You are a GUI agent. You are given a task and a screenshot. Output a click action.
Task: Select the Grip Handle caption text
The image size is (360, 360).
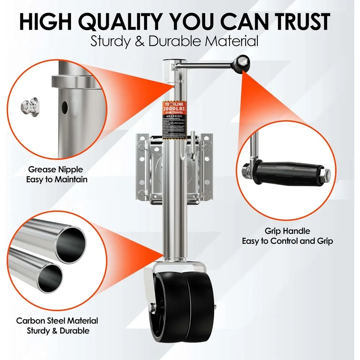click(x=287, y=236)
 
